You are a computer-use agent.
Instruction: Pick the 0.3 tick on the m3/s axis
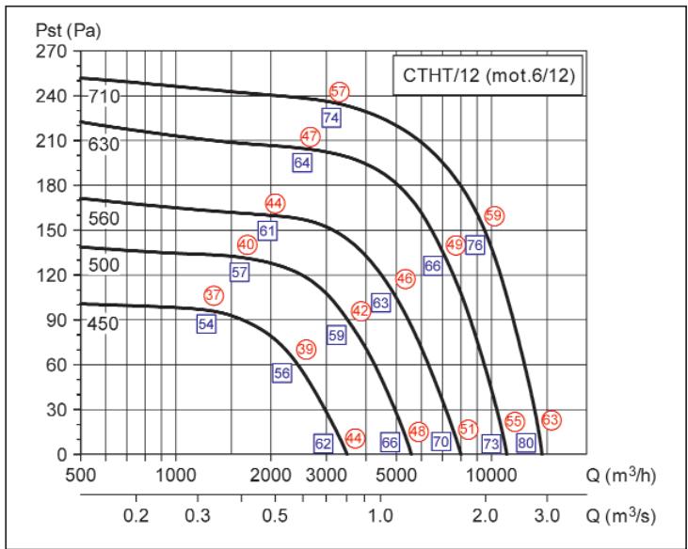tap(197, 516)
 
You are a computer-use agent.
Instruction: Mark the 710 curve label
tap(101, 97)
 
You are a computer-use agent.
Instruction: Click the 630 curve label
tap(101, 144)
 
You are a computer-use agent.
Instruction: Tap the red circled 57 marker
tap(340, 92)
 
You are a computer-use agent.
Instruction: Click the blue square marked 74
tap(330, 118)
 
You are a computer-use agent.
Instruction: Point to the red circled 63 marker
tap(552, 420)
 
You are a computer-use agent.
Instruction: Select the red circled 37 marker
tap(214, 295)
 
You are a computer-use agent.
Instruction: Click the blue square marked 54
tap(206, 323)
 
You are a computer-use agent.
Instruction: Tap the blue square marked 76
tap(474, 245)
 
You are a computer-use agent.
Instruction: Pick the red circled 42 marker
tap(360, 311)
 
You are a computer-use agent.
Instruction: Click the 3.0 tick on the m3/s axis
tap(547, 516)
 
